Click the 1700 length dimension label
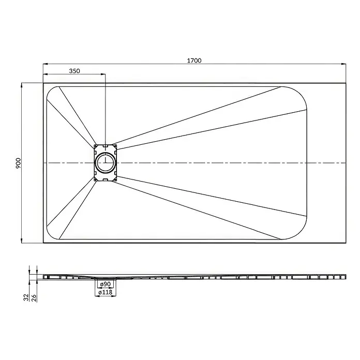coord(194,61)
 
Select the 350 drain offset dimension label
coord(74,71)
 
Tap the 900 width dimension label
coord(18,163)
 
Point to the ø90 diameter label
coord(106,284)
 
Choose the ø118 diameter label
coord(106,292)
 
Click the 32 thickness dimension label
coord(26,297)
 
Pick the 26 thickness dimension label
coord(34,298)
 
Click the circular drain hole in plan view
coord(106,162)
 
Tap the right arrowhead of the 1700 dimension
coord(343,64)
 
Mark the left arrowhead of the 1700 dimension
coord(46,64)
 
